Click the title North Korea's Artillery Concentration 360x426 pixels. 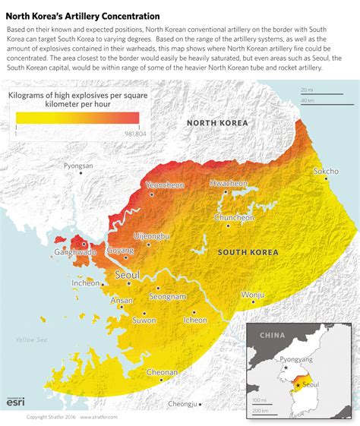tap(83, 15)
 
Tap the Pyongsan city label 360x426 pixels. tap(78, 166)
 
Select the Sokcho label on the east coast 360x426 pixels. tap(326, 172)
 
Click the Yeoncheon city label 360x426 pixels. tap(165, 185)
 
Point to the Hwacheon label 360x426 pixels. tap(229, 184)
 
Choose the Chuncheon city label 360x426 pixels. tap(234, 217)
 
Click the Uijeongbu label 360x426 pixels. tap(152, 236)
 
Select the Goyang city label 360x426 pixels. tap(120, 250)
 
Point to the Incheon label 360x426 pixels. tap(85, 283)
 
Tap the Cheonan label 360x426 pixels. tap(162, 372)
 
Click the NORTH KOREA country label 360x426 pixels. tap(217, 122)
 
